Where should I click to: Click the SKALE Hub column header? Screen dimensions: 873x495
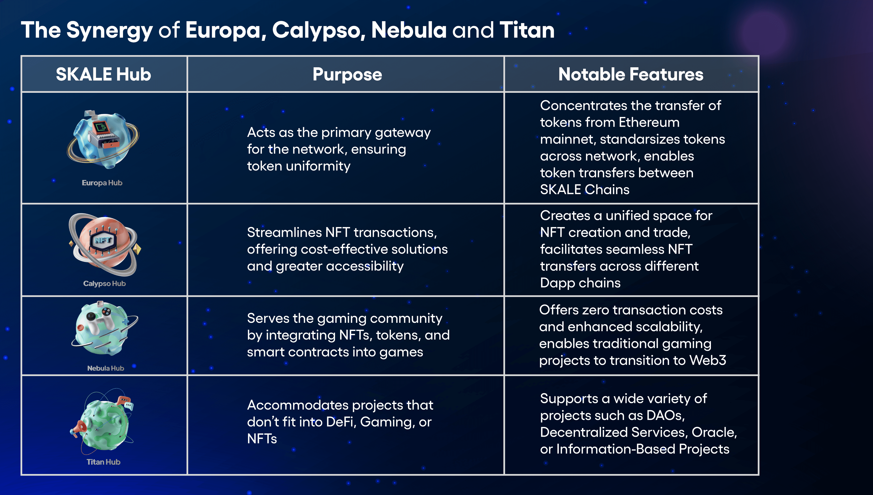103,74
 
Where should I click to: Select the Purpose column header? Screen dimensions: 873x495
347,74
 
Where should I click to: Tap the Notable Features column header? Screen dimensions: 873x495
631,74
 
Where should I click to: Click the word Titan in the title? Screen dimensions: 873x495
527,30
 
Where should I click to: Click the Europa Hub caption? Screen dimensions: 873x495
102,183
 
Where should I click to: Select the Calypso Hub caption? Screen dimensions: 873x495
104,283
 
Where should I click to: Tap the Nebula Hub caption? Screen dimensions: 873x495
106,368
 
